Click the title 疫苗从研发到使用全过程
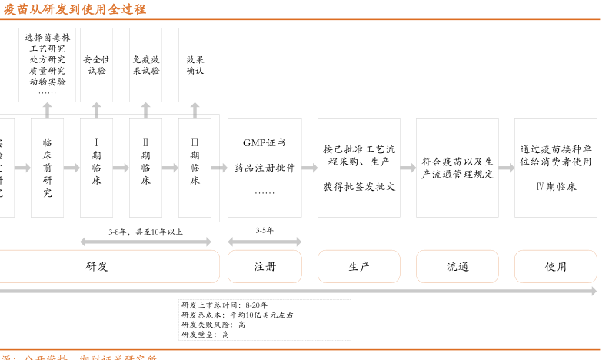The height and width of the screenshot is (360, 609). tap(75, 9)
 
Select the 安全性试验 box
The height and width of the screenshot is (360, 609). tap(96, 65)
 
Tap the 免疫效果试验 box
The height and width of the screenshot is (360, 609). tap(145, 65)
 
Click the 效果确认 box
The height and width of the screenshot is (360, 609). tap(195, 65)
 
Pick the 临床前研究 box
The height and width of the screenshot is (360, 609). tap(47, 168)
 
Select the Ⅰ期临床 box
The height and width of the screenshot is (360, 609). tap(96, 168)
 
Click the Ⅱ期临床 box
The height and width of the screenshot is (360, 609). tap(145, 168)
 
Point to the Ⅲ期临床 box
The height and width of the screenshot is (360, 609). tap(195, 168)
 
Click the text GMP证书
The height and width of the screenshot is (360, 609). tap(264, 143)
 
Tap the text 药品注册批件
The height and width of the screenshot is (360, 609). tap(265, 168)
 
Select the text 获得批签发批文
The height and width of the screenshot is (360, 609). tap(359, 186)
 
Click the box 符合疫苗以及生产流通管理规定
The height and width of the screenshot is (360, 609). tap(458, 168)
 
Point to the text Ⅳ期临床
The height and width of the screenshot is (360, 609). tap(555, 186)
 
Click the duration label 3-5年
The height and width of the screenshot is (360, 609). tap(265, 230)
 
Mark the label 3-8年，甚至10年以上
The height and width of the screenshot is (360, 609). tap(145, 231)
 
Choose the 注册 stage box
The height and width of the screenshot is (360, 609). tap(265, 266)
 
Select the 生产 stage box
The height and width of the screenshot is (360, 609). tap(359, 266)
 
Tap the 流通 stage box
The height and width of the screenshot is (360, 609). tap(458, 266)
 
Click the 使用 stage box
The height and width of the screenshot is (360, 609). tap(555, 266)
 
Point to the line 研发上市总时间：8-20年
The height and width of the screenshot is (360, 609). tap(225, 305)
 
